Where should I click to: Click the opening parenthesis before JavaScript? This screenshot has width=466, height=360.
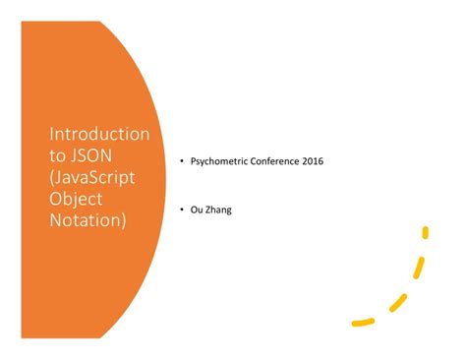pyautogui.click(x=52, y=177)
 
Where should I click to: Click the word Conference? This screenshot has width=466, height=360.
pyautogui.click(x=280, y=161)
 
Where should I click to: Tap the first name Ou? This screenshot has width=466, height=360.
pyautogui.click(x=197, y=210)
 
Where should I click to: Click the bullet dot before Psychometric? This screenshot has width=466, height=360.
pyautogui.click(x=181, y=161)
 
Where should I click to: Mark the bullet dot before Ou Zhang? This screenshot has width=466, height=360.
pyautogui.click(x=181, y=210)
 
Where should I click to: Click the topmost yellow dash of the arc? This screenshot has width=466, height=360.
pyautogui.click(x=426, y=234)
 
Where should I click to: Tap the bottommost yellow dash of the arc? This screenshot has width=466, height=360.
pyautogui.click(x=363, y=321)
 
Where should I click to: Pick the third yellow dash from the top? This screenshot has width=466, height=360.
pyautogui.click(x=399, y=299)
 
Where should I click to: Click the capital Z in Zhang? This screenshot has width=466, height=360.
pyautogui.click(x=209, y=210)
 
